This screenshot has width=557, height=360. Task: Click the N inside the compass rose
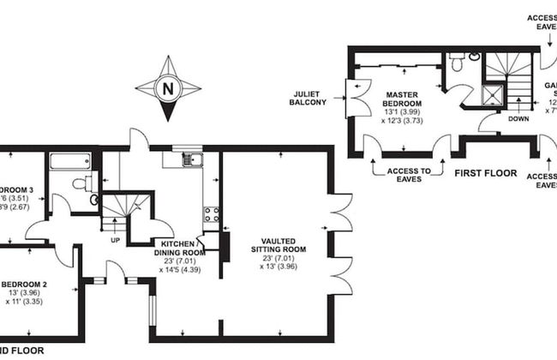click(168, 87)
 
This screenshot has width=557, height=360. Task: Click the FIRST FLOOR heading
click(485, 173)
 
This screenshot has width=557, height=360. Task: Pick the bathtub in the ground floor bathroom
click(69, 160)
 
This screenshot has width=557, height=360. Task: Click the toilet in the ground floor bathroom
click(82, 183)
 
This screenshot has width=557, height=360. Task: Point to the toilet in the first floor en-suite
click(458, 62)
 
